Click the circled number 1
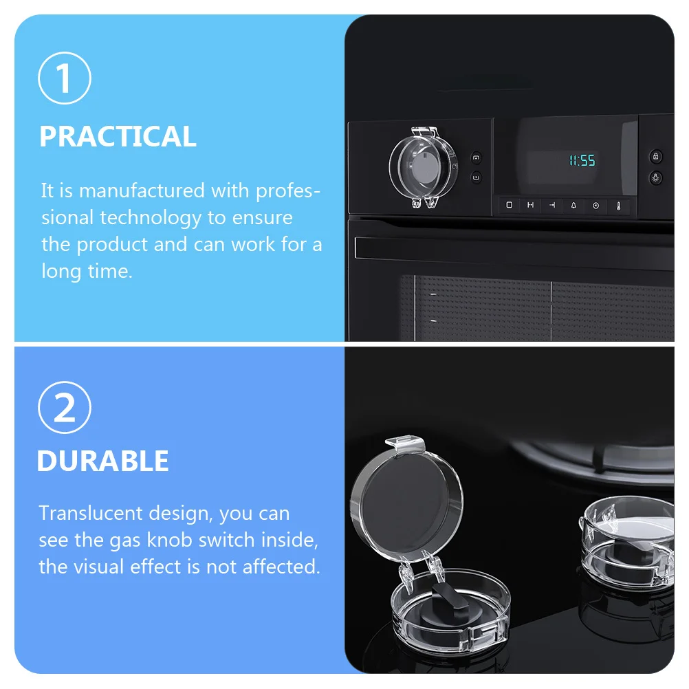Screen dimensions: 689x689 click(65, 78)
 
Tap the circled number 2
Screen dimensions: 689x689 click(65, 407)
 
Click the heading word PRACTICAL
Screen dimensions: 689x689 click(118, 136)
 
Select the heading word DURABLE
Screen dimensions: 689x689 click(103, 461)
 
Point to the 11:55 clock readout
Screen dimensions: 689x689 click(582, 160)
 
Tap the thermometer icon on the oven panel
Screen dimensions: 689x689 click(619, 206)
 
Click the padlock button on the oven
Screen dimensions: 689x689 click(655, 156)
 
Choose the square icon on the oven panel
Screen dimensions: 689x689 click(510, 205)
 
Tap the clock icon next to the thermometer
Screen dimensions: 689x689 click(596, 206)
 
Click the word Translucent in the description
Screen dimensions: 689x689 click(91, 513)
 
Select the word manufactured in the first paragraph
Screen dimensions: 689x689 click(142, 190)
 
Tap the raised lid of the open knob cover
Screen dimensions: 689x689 click(406, 500)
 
